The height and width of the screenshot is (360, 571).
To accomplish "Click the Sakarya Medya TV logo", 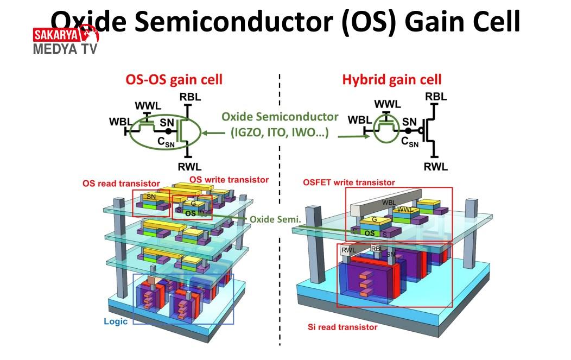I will click(65, 41).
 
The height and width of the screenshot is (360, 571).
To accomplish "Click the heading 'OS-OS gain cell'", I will click(174, 80).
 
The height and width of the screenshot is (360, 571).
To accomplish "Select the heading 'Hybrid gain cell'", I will click(391, 80).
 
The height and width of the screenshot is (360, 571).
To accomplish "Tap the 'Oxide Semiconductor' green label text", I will click(280, 117).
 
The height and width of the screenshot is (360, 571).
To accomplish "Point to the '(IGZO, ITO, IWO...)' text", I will click(280, 132).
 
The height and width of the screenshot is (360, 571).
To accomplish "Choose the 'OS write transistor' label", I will click(229, 179).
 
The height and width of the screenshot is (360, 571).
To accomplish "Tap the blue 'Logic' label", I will click(115, 321).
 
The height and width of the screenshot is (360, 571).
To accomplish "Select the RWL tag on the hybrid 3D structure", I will click(348, 250).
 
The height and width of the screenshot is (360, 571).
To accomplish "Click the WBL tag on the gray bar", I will click(388, 203).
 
